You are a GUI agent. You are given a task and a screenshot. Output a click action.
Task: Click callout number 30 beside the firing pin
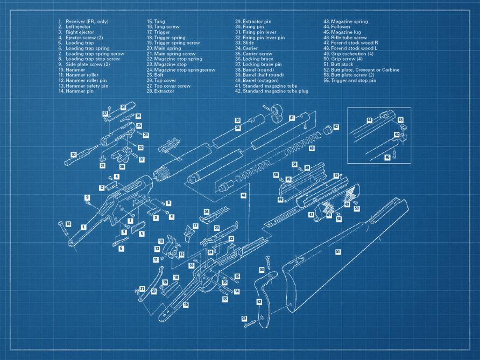pyautogui.click(x=73, y=154)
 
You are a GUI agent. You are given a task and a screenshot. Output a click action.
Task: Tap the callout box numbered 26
pyautogui.click(x=123, y=108)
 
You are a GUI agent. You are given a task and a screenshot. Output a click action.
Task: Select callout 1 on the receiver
pyautogui.click(x=83, y=227)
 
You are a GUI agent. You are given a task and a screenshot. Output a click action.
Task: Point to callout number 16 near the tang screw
pyautogui.click(x=68, y=224)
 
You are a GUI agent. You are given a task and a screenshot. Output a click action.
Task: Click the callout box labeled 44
pyautogui.click(x=243, y=195)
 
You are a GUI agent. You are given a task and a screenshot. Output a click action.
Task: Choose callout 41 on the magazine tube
pyautogui.click(x=292, y=117)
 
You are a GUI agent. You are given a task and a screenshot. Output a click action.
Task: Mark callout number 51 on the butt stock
pyautogui.click(x=338, y=251)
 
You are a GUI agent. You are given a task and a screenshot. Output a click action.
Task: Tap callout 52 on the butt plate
pyautogui.click(x=259, y=302)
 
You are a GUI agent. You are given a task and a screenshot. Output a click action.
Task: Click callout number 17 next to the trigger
pyautogui.click(x=195, y=226)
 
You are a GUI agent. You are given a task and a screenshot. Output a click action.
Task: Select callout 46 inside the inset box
pyautogui.click(x=387, y=157)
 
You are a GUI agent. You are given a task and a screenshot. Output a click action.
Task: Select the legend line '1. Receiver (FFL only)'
pyautogui.click(x=83, y=22)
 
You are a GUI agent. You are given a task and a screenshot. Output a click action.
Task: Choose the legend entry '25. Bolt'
pyautogui.click(x=156, y=75)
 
